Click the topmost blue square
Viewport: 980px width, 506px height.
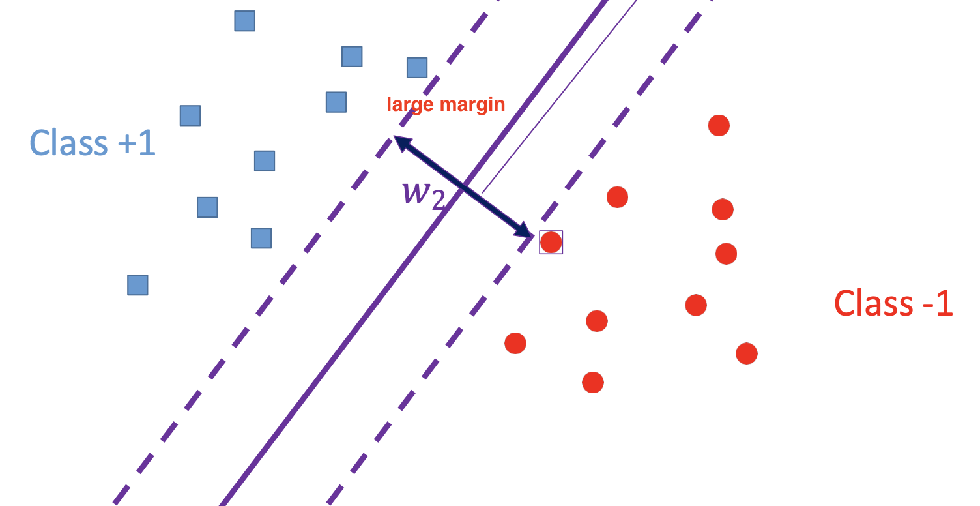click(244, 22)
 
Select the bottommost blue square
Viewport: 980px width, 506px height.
click(137, 285)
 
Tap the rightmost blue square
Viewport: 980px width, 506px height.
click(417, 68)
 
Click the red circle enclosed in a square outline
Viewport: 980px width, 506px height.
click(551, 243)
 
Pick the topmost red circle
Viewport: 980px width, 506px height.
click(719, 125)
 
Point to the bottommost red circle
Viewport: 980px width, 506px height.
click(592, 382)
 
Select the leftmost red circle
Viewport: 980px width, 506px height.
click(515, 343)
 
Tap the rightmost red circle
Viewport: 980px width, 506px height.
click(747, 353)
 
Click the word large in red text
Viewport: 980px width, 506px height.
click(409, 104)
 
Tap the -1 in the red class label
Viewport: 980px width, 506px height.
click(936, 303)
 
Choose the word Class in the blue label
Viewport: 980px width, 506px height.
click(69, 143)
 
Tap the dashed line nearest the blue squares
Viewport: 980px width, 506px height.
click(261, 306)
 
